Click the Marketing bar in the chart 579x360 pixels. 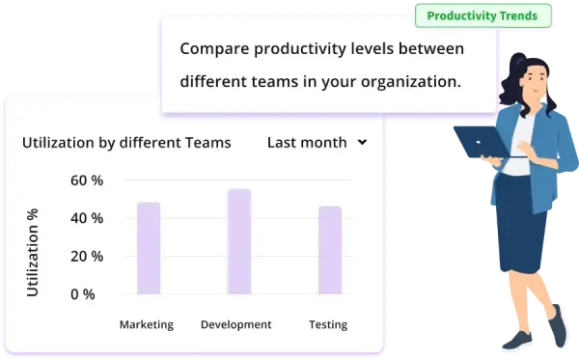(x=148, y=248)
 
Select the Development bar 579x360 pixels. (x=239, y=241)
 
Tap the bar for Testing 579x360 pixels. (x=330, y=250)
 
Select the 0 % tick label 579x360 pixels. (x=82, y=293)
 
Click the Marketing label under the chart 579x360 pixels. (x=146, y=324)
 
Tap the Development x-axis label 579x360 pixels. (x=235, y=324)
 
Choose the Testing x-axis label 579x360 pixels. (x=328, y=324)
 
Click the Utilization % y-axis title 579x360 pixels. (x=33, y=252)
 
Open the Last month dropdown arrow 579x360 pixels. (x=362, y=142)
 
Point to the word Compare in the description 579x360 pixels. (x=213, y=48)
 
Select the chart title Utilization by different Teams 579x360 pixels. (x=126, y=142)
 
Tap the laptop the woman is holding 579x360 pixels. (x=482, y=144)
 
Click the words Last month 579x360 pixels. (x=307, y=142)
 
